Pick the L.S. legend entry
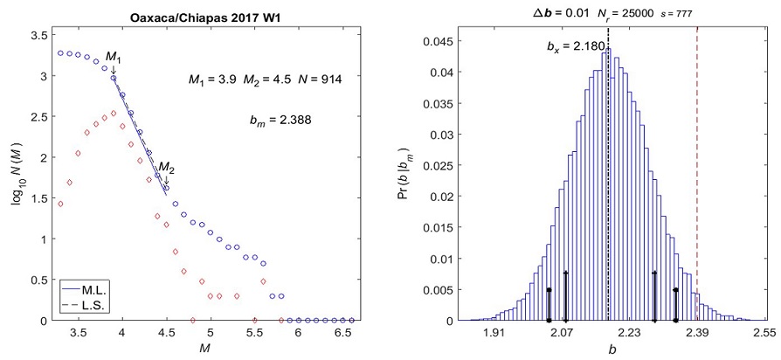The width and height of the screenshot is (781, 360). pyautogui.click(x=87, y=305)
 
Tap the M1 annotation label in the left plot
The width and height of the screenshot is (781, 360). pyautogui.click(x=114, y=59)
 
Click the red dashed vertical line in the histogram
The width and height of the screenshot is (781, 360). pyautogui.click(x=696, y=175)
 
